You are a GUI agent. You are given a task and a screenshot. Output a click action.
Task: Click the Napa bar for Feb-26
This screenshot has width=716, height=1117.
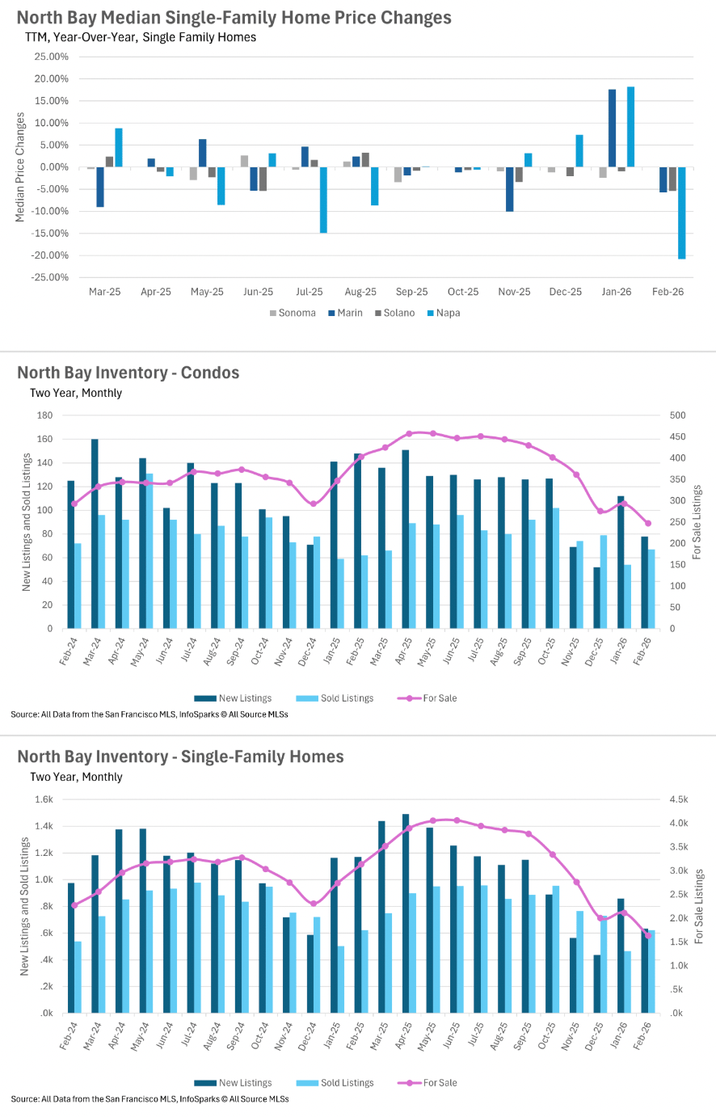pos(681,213)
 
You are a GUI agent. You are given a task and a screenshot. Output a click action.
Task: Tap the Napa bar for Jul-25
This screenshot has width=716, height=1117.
pos(323,200)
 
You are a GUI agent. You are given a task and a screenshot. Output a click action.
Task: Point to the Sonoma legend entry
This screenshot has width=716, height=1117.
pos(293,314)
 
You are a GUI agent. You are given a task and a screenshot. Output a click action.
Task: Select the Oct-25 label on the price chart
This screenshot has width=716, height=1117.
pos(463,292)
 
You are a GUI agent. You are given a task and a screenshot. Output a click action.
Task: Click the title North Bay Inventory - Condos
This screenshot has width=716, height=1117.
pos(128,373)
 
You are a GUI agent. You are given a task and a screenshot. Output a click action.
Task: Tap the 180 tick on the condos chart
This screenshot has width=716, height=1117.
pos(44,415)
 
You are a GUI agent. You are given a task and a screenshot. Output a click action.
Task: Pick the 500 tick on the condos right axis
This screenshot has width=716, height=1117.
pos(677,415)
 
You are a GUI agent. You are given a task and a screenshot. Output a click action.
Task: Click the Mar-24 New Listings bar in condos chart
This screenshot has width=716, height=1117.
pos(95,533)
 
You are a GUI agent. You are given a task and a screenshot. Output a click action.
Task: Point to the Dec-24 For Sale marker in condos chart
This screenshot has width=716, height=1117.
pos(314,504)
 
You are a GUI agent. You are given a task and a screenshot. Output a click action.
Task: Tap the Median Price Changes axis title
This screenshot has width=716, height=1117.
pos(20,167)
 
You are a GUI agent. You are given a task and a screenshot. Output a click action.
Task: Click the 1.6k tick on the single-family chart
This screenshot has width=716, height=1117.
pos(44,799)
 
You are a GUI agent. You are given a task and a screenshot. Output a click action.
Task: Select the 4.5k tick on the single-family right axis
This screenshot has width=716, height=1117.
pos(679,799)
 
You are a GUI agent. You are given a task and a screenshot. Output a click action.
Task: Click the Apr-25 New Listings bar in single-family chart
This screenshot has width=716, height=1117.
pos(406,913)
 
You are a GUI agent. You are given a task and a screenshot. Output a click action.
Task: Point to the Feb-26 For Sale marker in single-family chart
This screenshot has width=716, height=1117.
pos(647,936)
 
